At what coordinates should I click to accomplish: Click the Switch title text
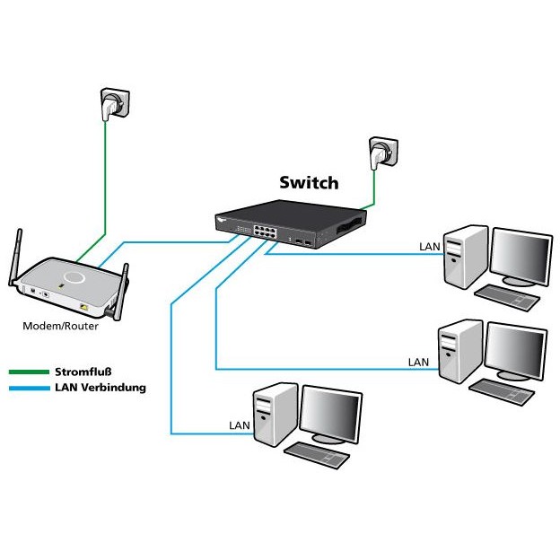308,183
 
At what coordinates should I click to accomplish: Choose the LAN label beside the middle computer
419,362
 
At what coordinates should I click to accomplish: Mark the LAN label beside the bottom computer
239,424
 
